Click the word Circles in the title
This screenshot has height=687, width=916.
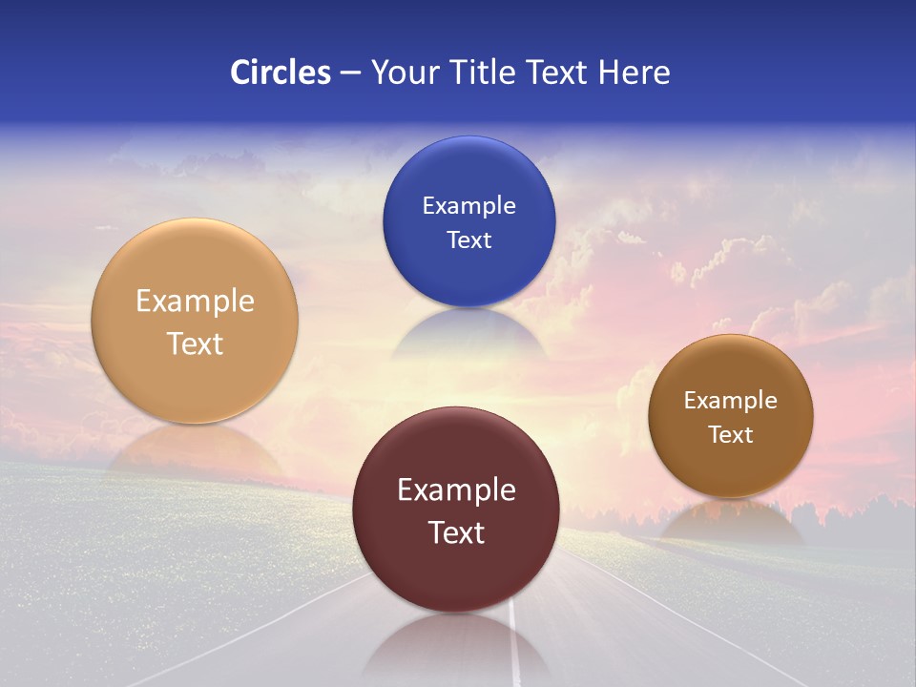(x=280, y=73)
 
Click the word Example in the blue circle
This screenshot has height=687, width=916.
(x=468, y=206)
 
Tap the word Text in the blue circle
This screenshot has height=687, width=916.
(x=468, y=240)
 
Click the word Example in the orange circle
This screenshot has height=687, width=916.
(x=195, y=302)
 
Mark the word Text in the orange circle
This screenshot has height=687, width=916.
(x=195, y=343)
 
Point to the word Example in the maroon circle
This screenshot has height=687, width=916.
(x=456, y=490)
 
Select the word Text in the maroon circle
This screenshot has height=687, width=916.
(x=456, y=532)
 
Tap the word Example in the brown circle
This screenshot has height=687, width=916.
(x=731, y=401)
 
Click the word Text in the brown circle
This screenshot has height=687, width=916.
(x=731, y=435)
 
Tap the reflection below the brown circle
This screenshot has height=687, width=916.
(x=731, y=520)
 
